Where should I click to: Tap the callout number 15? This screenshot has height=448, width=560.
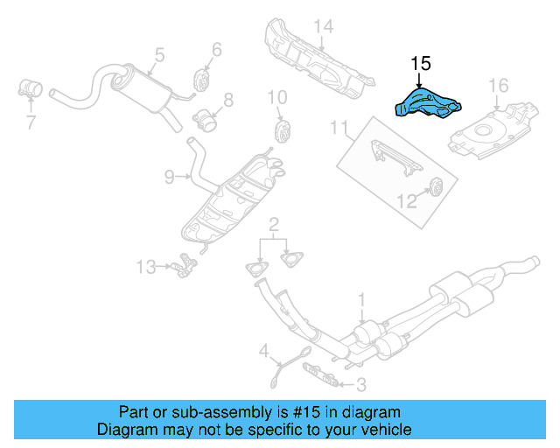[x=421, y=64]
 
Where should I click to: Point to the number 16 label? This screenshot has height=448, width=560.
[x=498, y=86]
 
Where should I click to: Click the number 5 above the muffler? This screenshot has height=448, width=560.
[x=159, y=54]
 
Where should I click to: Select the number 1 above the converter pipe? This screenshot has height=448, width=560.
[x=360, y=302]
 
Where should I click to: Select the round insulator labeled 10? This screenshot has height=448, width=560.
[x=283, y=130]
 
